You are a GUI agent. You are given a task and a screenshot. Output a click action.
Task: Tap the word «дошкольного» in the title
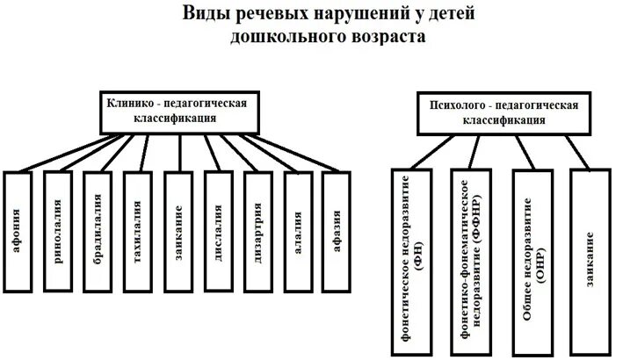279,37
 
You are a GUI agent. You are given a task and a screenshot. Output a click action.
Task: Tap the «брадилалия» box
98,230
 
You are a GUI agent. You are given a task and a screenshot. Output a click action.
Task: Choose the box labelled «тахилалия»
138,230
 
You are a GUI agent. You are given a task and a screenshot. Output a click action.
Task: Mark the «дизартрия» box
258,230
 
